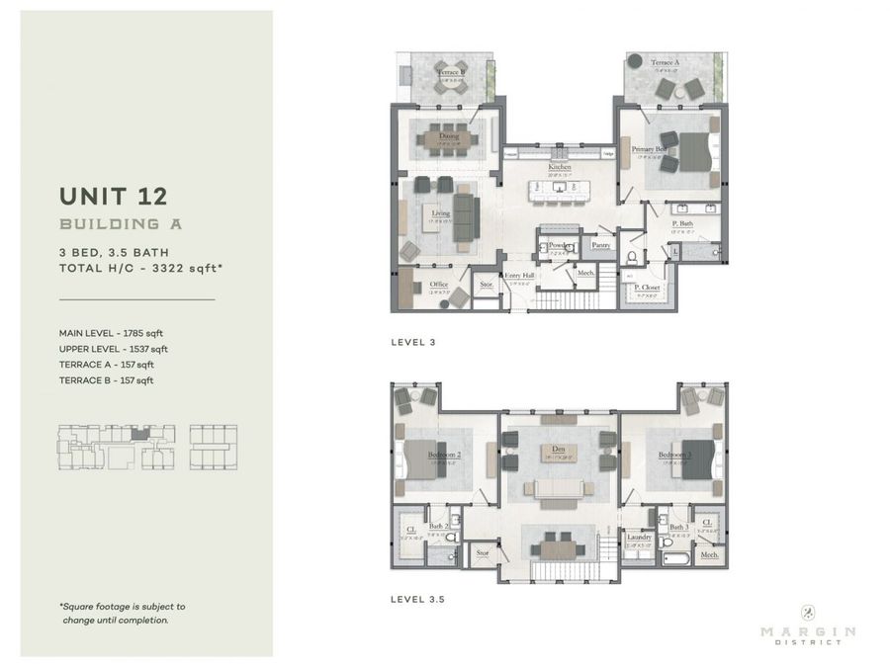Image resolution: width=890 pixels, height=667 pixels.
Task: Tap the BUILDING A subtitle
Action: [121, 224]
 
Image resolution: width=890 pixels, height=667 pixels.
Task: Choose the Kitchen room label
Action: [561, 168]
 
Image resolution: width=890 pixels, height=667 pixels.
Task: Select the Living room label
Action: [440, 212]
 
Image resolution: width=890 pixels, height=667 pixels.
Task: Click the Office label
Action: [439, 285]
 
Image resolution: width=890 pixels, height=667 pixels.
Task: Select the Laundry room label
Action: [639, 538]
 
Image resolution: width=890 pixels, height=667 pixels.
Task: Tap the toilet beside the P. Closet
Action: [633, 258]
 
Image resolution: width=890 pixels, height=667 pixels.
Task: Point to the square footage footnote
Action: [122, 613]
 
